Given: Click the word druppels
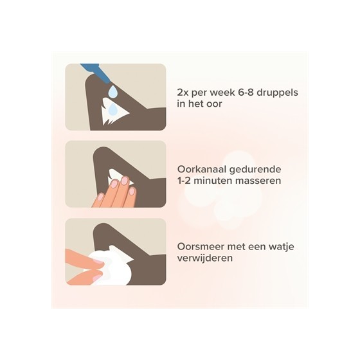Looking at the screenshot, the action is [x=277, y=93].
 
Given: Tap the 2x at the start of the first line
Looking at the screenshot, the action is [x=183, y=93].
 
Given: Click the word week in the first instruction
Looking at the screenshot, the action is [x=220, y=93].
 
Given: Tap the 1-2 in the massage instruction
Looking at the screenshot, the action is [x=184, y=181].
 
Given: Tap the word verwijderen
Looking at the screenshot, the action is [x=205, y=258].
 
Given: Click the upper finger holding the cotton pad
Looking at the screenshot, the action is [x=84, y=258].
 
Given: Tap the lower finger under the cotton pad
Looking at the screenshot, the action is [x=85, y=276].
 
